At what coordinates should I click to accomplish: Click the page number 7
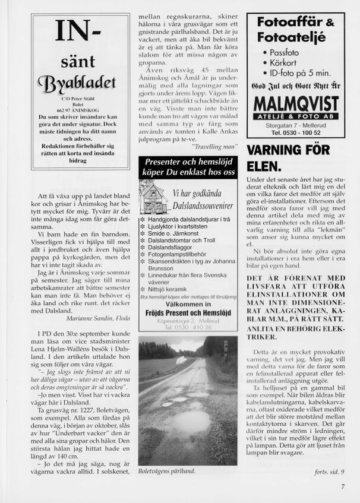[x=343, y=486]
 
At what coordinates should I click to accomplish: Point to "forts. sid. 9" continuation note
[x=329, y=472]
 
